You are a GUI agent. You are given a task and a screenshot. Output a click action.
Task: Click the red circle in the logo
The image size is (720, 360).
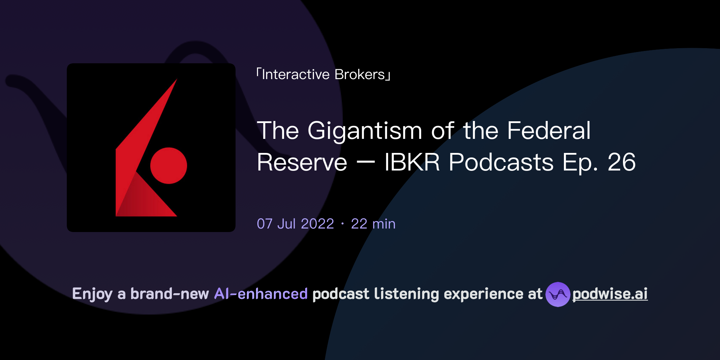click(168, 166)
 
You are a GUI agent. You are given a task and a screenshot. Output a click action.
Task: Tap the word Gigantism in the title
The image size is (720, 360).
click(365, 131)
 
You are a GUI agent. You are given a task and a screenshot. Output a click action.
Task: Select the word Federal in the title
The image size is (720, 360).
click(548, 130)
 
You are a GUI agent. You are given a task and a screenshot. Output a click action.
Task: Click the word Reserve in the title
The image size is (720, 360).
click(302, 162)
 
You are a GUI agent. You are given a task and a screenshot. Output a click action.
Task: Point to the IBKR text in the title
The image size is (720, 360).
click(412, 162)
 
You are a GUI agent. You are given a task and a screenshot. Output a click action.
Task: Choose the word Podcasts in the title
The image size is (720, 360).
click(501, 162)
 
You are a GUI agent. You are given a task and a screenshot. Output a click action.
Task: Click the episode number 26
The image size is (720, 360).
click(622, 162)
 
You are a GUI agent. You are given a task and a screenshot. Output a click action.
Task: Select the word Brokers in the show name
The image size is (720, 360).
click(360, 75)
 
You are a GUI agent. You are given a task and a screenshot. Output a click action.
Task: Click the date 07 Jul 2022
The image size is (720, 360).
click(295, 224)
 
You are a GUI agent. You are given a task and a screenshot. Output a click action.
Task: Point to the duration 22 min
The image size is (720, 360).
click(373, 224)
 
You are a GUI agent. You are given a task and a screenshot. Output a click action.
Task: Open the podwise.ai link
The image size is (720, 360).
click(610, 294)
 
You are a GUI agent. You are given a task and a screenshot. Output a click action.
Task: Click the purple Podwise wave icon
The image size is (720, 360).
click(558, 294)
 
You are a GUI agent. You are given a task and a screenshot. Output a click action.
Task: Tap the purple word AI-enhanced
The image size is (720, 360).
click(261, 294)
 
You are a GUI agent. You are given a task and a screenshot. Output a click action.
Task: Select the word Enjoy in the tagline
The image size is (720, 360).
click(92, 294)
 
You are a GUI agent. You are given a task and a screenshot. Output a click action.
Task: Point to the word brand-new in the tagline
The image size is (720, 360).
click(169, 294)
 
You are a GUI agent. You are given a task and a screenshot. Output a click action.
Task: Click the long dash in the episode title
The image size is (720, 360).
click(366, 163)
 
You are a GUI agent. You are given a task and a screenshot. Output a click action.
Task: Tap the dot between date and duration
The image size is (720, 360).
click(342, 224)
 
